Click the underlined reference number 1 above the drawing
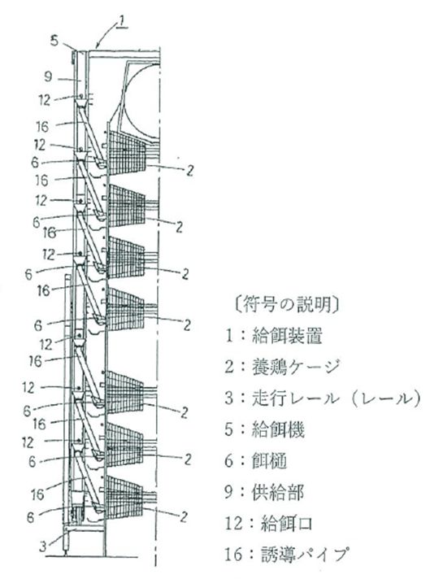point(123,22)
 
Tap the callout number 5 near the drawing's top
point(54,40)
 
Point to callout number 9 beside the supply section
point(48,77)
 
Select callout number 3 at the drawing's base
point(43,546)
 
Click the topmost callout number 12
point(44,100)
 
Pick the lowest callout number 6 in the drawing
point(31,517)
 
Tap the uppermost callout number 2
point(189,171)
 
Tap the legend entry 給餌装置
point(287,337)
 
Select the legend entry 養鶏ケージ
point(294,367)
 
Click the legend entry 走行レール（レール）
point(336,398)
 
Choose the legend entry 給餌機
point(278,429)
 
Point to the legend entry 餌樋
point(270,461)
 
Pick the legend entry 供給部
point(278,492)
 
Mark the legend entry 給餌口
point(286,523)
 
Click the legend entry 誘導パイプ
point(305,554)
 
